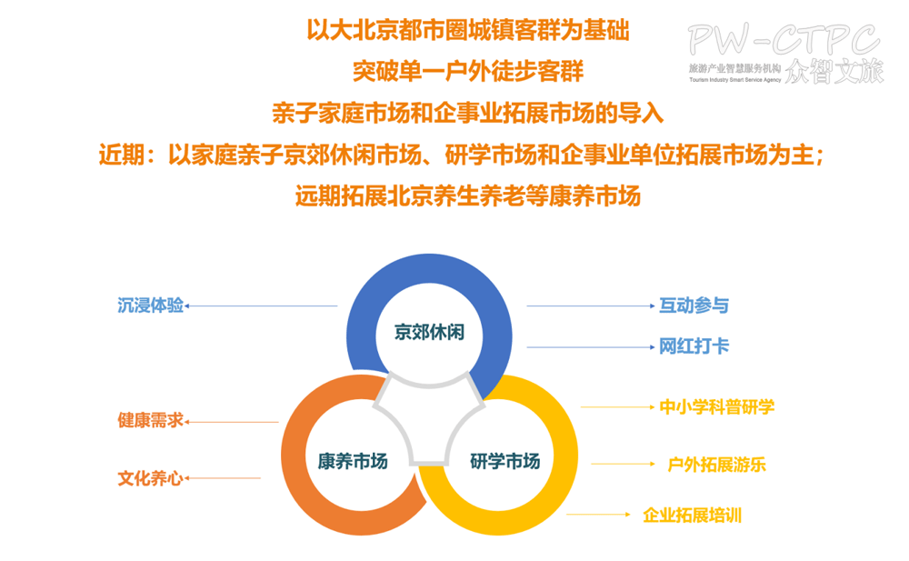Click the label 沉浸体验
click(150, 306)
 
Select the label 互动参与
click(694, 306)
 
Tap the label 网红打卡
click(694, 346)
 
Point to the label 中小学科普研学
click(717, 406)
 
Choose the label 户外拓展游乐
click(717, 465)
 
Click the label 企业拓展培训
click(692, 515)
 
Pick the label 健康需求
click(150, 421)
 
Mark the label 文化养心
click(150, 477)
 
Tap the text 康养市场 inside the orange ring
click(353, 461)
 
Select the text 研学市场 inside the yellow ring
click(504, 461)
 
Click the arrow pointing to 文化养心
click(223, 478)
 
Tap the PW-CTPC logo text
click(783, 39)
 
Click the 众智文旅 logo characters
click(834, 71)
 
